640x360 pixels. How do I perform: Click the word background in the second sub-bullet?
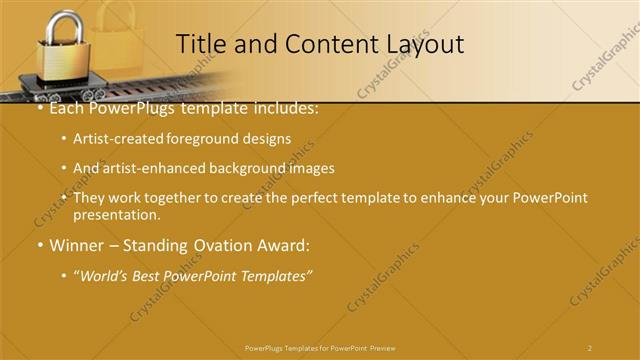point(249,168)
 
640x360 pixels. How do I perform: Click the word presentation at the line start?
point(116,215)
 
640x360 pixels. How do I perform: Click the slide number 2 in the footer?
point(590,347)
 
